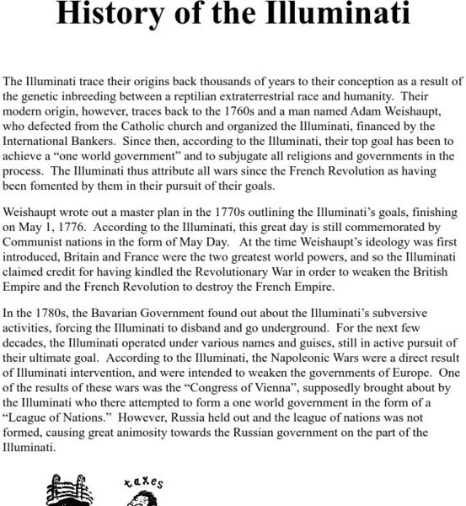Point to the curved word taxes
pos(144,483)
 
